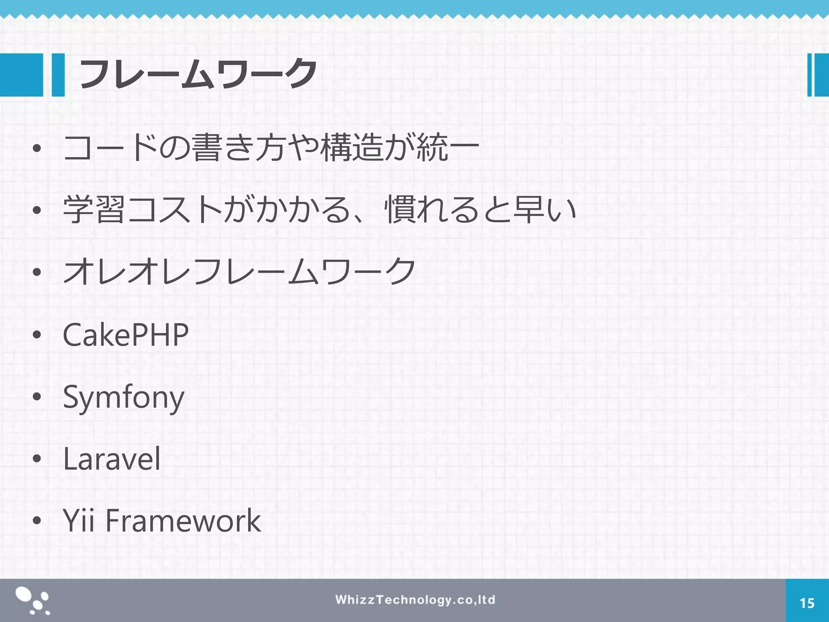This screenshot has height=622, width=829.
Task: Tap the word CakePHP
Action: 125,335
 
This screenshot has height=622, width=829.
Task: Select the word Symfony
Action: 123,398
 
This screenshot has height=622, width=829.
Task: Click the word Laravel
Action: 112,459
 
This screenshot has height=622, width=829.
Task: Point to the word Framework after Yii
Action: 183,521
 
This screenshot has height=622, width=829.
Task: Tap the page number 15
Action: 807,603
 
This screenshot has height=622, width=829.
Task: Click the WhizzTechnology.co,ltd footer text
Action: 415,600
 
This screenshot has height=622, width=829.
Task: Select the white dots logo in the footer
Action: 32,601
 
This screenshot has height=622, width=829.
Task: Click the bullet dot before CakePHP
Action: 37,335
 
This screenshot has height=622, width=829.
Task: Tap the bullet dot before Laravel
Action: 37,459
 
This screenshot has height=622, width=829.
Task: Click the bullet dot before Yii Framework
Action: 37,521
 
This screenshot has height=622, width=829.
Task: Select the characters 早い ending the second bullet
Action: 544,209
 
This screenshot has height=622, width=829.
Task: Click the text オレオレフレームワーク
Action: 239,271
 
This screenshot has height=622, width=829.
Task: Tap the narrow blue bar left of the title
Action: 58,75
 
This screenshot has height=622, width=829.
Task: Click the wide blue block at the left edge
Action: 21,75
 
